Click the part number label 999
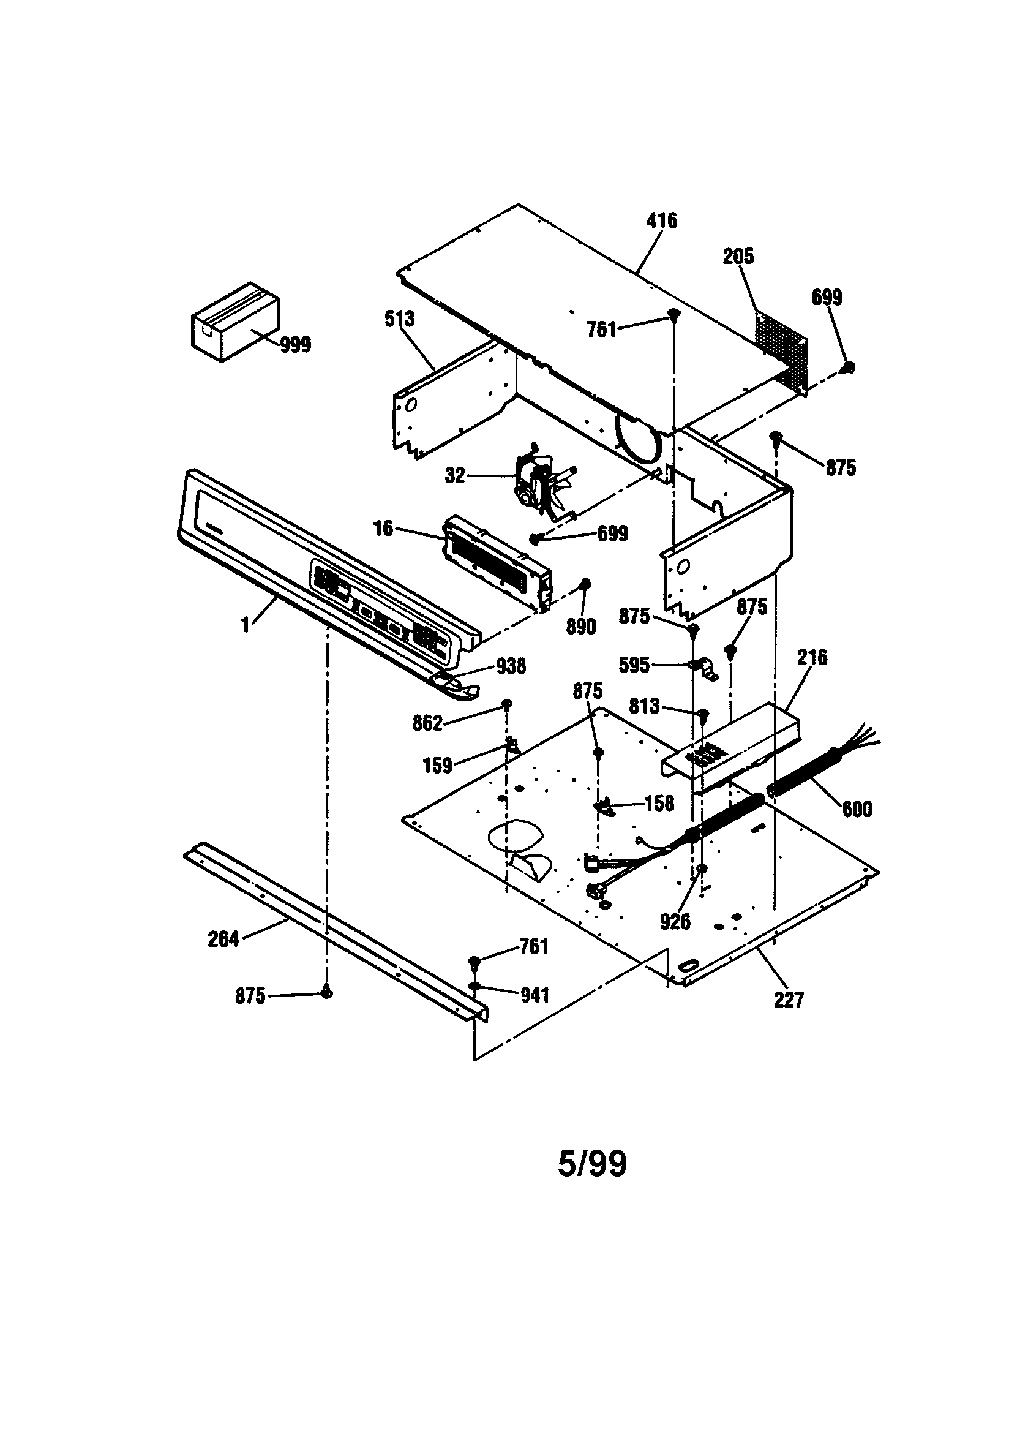[x=295, y=345]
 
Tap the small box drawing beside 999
[x=234, y=320]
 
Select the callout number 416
[x=662, y=220]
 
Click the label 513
[x=399, y=318]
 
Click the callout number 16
[x=383, y=529]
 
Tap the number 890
[x=580, y=627]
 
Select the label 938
[x=511, y=667]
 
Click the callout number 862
[x=427, y=723]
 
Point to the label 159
[x=437, y=766]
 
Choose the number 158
[x=659, y=804]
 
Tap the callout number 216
[x=812, y=657]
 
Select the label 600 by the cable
[x=857, y=810]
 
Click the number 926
[x=675, y=921]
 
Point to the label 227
[x=789, y=1000]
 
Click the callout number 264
[x=223, y=940]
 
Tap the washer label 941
[x=535, y=995]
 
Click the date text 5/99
[x=592, y=1164]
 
